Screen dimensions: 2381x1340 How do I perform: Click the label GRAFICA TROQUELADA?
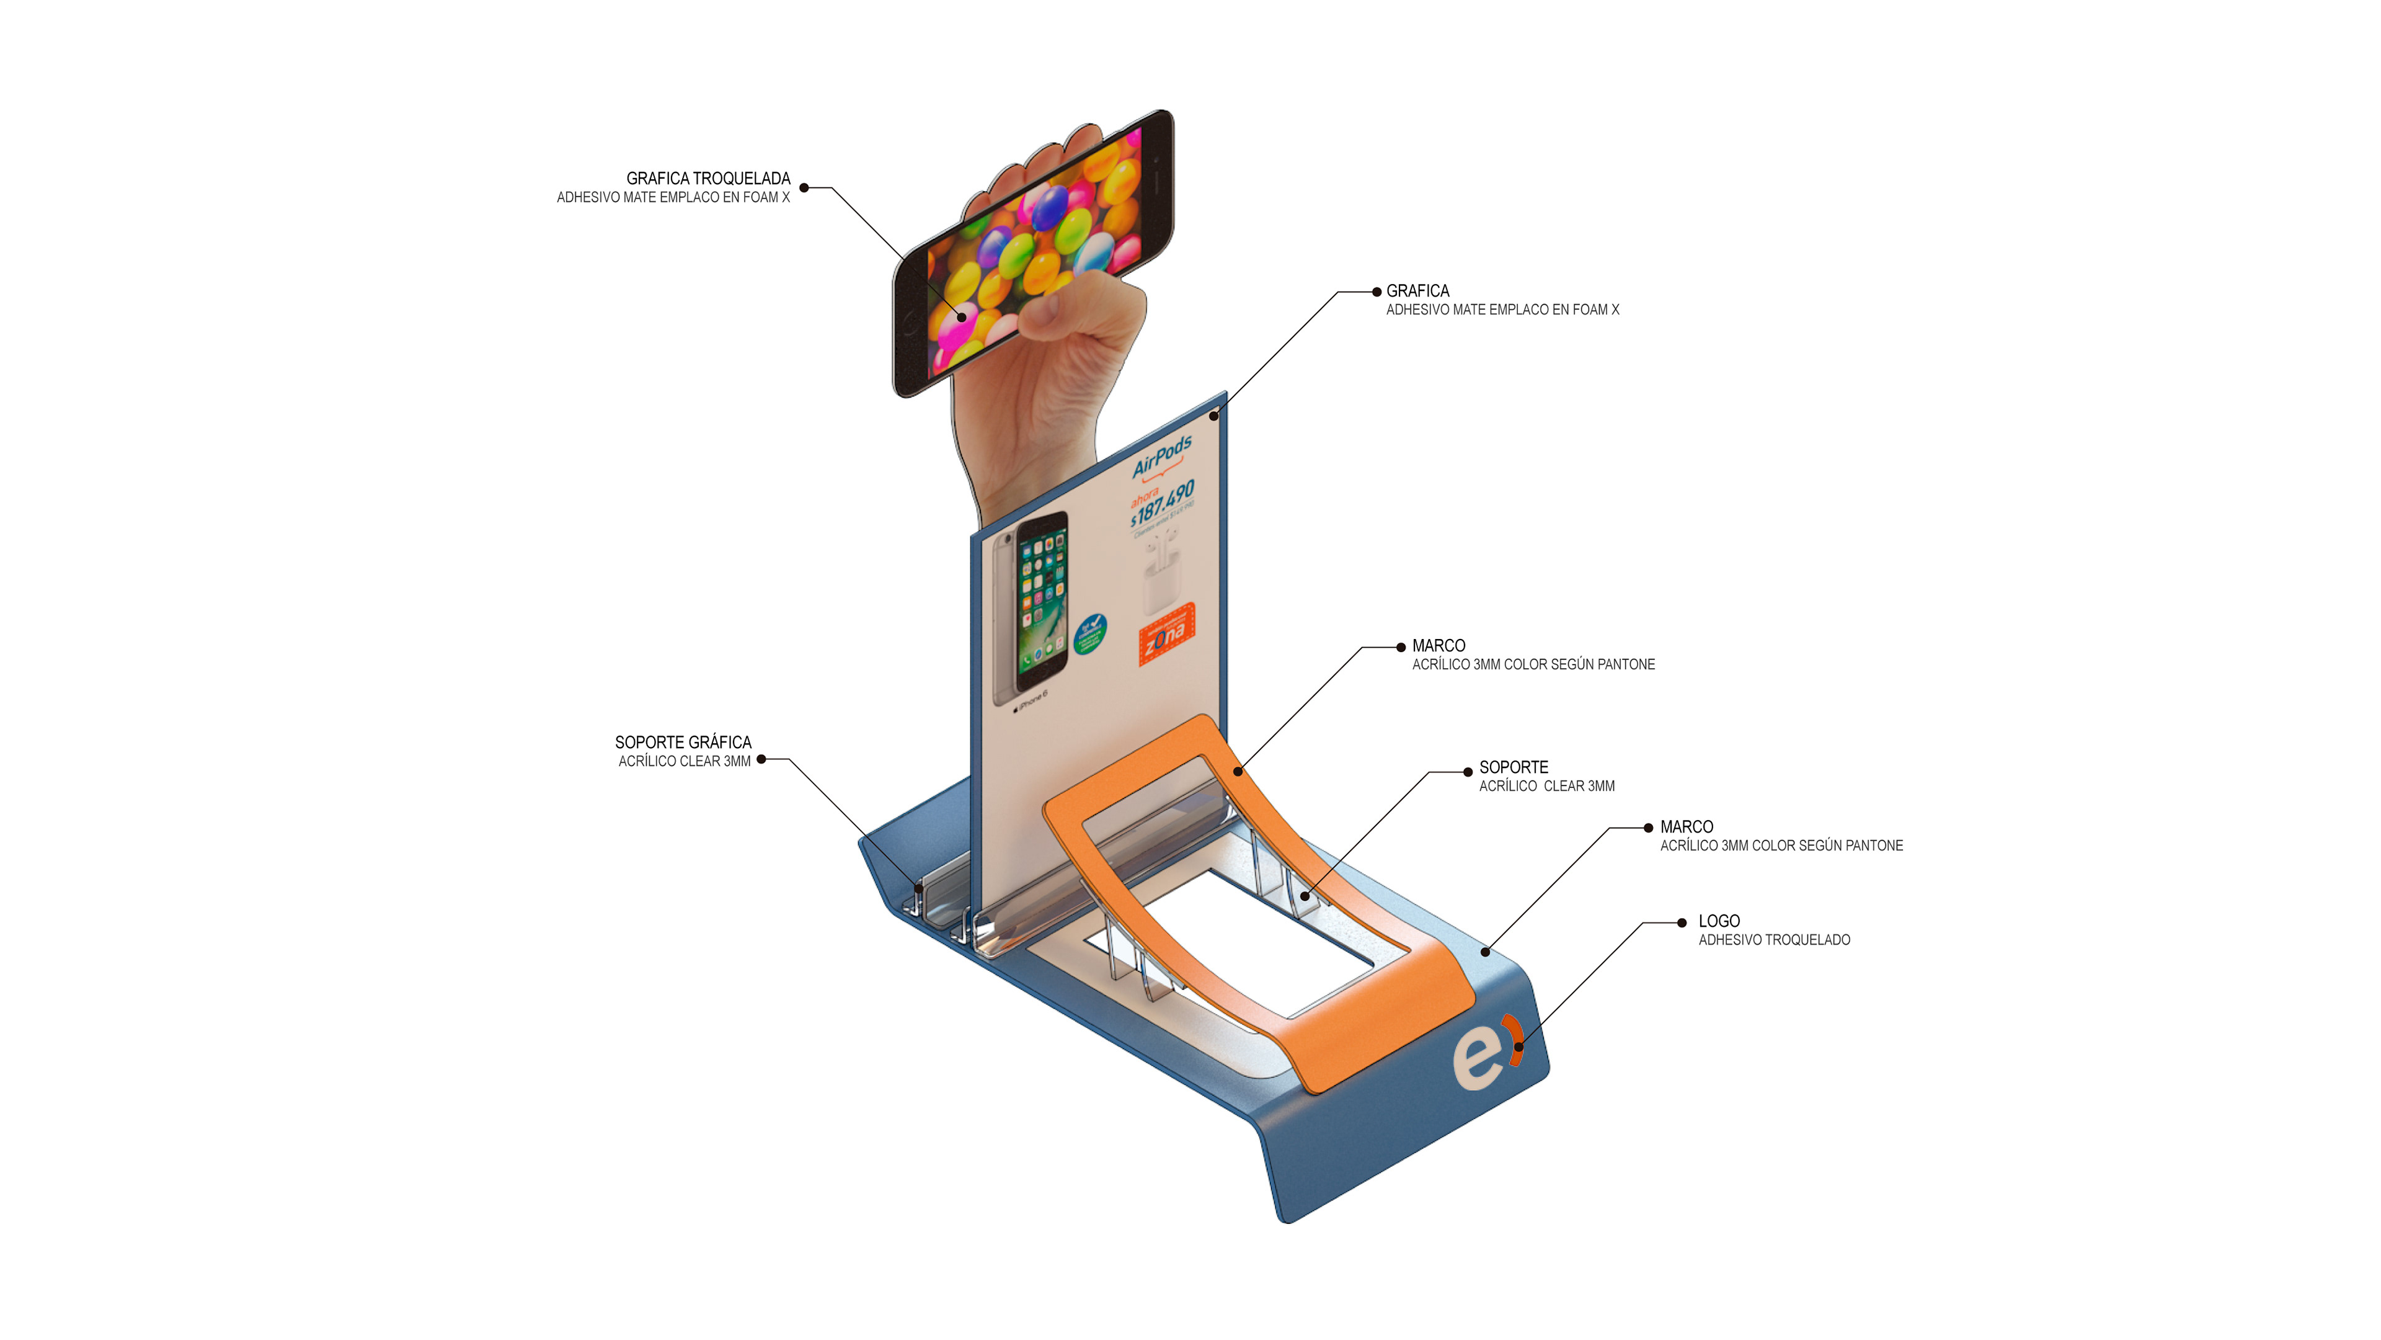point(708,179)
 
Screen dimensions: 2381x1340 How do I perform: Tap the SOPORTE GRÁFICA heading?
point(683,743)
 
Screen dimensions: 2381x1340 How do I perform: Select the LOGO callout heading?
point(1718,921)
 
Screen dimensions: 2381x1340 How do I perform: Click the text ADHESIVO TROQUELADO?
point(1774,940)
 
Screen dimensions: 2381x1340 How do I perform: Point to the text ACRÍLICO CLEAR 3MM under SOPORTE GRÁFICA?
point(684,762)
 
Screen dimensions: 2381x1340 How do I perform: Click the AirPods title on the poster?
point(1162,456)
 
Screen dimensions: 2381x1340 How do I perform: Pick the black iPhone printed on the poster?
point(1042,601)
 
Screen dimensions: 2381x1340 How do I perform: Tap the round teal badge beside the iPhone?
point(1090,633)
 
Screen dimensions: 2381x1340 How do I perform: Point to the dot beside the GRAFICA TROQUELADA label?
point(804,188)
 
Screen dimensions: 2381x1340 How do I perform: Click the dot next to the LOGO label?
point(1682,923)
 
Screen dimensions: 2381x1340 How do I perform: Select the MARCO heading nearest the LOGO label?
point(1686,827)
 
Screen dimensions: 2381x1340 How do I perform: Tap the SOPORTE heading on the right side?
point(1513,767)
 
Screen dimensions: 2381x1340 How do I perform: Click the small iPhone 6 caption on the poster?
point(1032,700)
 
